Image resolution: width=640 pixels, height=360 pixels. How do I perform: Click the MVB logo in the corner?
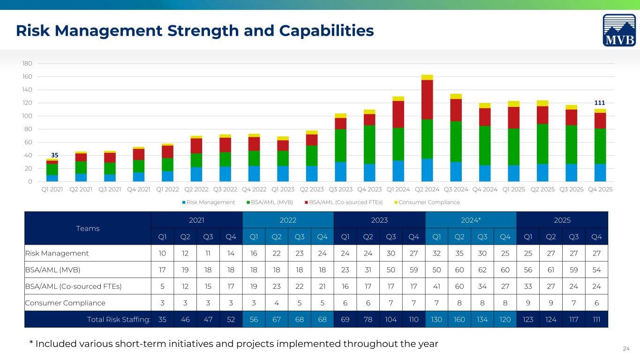(619, 30)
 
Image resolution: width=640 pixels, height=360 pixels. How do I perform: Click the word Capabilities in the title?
(326, 30)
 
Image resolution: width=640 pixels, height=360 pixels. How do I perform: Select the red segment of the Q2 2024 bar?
(427, 100)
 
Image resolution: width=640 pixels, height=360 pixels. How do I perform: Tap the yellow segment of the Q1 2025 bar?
(514, 104)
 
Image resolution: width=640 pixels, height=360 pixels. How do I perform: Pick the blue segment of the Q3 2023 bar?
(340, 172)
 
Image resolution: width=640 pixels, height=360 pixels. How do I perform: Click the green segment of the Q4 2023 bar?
(369, 144)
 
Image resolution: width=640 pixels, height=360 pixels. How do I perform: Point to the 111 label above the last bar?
(600, 103)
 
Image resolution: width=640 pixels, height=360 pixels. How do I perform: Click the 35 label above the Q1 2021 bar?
(54, 155)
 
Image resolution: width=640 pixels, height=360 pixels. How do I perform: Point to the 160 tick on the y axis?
(27, 76)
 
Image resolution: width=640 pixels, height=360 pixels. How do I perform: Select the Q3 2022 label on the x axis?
(225, 189)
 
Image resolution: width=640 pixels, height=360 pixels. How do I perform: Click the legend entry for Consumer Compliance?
(427, 202)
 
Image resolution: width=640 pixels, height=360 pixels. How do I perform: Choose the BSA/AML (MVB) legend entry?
(270, 202)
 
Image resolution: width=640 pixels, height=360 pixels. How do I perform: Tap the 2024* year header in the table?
(471, 220)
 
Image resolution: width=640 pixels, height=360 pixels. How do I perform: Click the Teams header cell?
(88, 229)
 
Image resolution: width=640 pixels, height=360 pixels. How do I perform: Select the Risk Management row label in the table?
(57, 254)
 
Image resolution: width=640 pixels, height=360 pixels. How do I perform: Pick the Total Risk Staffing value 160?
(459, 319)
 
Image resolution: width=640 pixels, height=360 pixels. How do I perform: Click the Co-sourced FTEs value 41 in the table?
(437, 286)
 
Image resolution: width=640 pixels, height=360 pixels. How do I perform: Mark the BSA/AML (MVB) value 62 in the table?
(482, 270)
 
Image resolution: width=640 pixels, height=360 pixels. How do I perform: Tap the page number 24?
(626, 349)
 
